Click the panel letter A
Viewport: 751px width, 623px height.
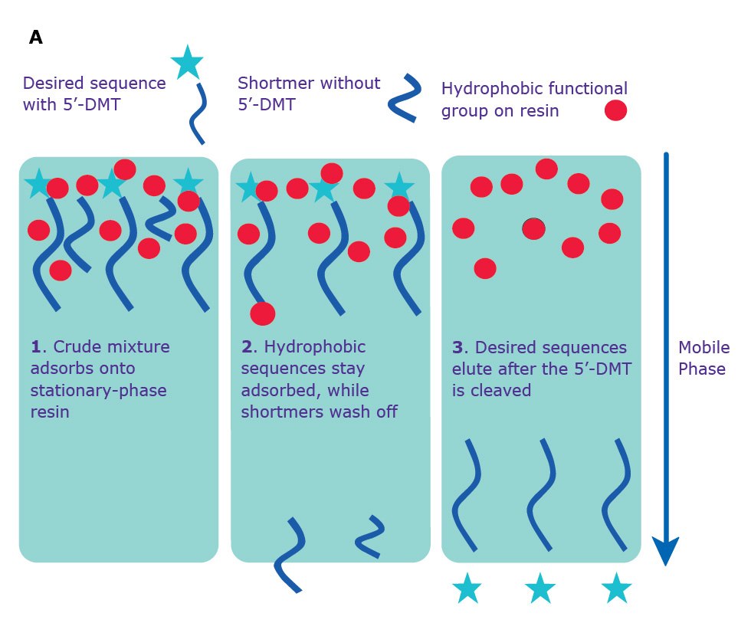click(36, 38)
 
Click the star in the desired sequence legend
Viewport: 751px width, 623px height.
click(187, 62)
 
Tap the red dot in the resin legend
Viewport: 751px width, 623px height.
click(615, 111)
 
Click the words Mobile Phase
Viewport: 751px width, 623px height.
click(703, 358)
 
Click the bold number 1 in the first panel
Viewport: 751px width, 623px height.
click(35, 347)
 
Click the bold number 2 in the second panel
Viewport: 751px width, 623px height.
click(247, 347)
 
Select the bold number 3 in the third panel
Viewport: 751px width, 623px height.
click(457, 347)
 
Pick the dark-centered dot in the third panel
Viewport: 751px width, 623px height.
click(533, 228)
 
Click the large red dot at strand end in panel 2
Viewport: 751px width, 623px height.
click(262, 313)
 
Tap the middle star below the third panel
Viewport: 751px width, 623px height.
click(540, 589)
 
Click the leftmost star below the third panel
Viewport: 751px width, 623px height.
click(467, 589)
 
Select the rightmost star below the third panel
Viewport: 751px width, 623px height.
click(616, 589)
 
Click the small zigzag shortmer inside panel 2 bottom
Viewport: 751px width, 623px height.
click(371, 534)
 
